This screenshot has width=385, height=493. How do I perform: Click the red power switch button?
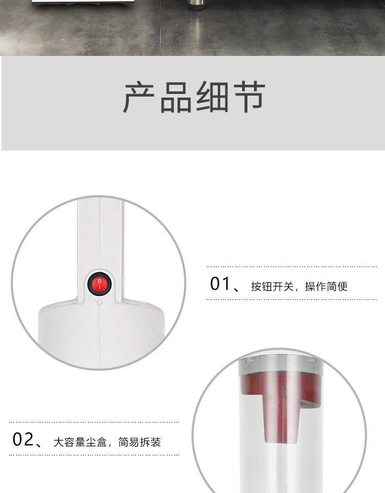point(99,283)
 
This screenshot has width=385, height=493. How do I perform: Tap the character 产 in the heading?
point(139,97)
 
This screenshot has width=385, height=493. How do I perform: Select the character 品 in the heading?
point(176,97)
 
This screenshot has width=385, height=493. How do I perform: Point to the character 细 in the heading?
point(213,97)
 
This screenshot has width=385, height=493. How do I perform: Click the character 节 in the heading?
point(249,97)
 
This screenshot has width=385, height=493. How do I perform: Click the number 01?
point(220,283)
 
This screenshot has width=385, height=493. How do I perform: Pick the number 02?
point(23,439)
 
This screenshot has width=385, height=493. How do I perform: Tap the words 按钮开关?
point(272,287)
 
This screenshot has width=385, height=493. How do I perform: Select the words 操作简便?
point(326,287)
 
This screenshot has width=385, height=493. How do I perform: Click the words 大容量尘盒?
point(80,442)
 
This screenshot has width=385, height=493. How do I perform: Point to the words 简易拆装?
point(140,442)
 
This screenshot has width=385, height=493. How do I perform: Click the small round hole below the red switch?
point(99,302)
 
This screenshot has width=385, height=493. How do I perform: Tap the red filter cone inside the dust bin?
point(279,406)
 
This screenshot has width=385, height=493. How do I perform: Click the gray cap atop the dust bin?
point(281,365)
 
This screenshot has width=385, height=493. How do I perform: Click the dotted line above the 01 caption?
point(292,267)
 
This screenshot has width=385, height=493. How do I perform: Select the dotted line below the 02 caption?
point(94,454)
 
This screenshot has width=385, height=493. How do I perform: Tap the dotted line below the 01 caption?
point(292,299)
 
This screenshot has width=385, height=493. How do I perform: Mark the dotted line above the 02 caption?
point(94,422)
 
